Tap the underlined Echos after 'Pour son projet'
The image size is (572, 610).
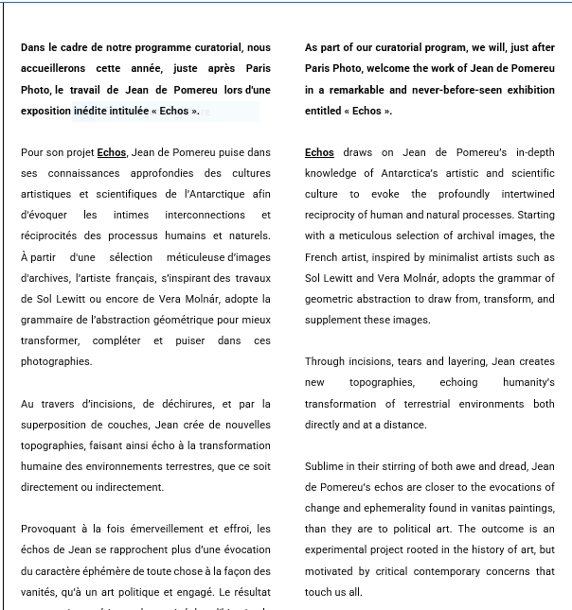[x=112, y=152]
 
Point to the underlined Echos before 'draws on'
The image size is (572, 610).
[x=319, y=152]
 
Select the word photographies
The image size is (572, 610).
[x=57, y=361]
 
